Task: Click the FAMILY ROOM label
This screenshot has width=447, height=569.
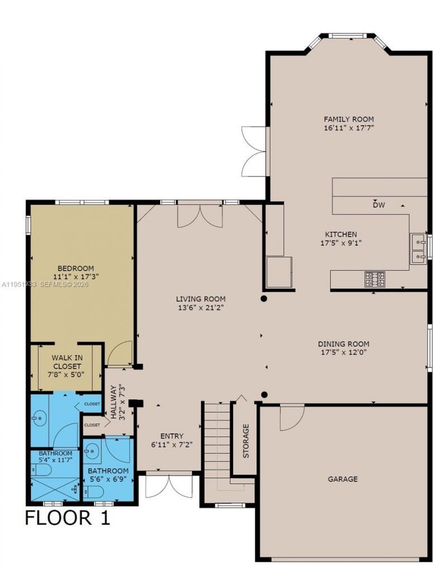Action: (x=349, y=119)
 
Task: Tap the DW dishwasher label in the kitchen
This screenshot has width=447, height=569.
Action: (x=379, y=205)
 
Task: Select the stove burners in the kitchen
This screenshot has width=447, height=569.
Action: (x=375, y=280)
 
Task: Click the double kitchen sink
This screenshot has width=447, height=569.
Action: (x=419, y=249)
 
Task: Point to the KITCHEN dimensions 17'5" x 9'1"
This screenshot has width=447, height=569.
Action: (x=341, y=243)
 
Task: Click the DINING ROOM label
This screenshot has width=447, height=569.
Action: (x=344, y=343)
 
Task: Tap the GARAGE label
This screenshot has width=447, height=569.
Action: (x=343, y=479)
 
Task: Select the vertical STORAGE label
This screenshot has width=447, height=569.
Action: (x=246, y=441)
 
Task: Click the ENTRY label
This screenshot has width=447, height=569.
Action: (x=172, y=436)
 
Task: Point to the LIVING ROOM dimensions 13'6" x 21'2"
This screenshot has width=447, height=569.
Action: (x=201, y=308)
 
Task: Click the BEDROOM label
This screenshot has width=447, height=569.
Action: (x=76, y=268)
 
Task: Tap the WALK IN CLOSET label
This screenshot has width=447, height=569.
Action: (x=66, y=362)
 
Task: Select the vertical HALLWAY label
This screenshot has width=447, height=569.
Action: (x=114, y=402)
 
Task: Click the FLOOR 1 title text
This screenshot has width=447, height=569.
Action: (x=68, y=518)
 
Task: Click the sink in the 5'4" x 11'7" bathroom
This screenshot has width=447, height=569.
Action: (x=39, y=418)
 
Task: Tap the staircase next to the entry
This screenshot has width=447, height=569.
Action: (x=216, y=446)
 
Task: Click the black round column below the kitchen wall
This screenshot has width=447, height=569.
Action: (x=264, y=299)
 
